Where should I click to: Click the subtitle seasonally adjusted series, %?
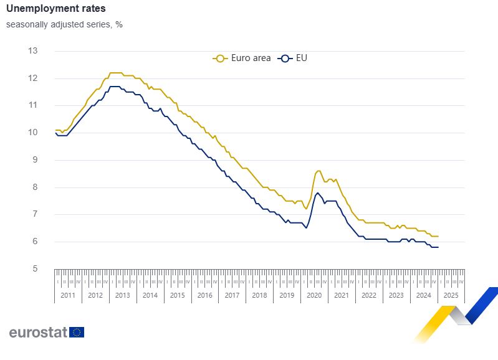coord(64,25)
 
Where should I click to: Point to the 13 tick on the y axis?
coord(33,51)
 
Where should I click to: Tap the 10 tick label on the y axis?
coord(33,133)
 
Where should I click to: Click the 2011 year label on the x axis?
coord(69,295)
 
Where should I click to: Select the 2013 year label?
coord(123,295)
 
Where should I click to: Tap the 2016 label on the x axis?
coord(205,295)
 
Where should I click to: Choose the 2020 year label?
coord(314,295)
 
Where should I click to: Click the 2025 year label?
coord(451,295)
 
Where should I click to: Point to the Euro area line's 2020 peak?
coord(318,171)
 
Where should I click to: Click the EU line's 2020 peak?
coord(317,193)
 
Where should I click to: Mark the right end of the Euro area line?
coord(438,236)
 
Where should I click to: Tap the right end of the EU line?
coord(438,247)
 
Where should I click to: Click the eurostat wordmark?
coord(37,332)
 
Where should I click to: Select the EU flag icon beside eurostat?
coord(77,332)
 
